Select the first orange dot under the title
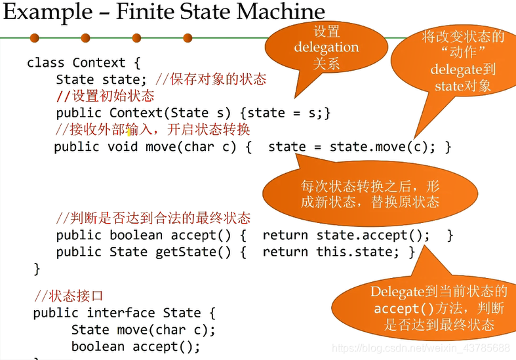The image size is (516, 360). [x=34, y=37]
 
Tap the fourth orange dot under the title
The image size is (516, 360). [x=188, y=37]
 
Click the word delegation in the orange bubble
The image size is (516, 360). [x=326, y=47]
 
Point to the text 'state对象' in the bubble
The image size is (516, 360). [x=463, y=86]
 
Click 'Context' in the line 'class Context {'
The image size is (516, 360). [x=98, y=63]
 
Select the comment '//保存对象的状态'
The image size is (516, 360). [x=210, y=79]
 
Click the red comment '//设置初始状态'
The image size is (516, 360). [x=105, y=96]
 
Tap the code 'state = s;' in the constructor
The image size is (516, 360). [x=288, y=113]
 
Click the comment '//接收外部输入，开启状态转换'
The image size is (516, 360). [x=153, y=129]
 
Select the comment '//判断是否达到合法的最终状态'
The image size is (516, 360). [x=153, y=218]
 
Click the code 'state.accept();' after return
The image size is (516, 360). [x=373, y=235]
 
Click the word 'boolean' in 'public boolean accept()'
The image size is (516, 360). [x=136, y=235]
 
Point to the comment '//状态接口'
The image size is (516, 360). [x=68, y=296]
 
